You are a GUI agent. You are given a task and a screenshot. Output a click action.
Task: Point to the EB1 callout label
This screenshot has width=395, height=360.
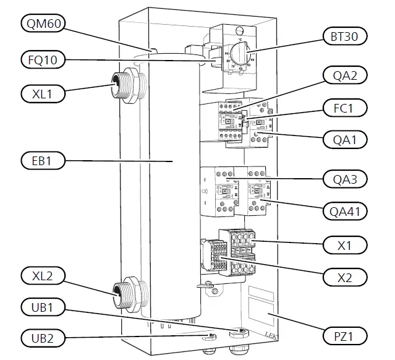coord(41,162)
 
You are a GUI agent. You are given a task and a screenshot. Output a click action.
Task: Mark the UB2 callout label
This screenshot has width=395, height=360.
coord(41,338)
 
